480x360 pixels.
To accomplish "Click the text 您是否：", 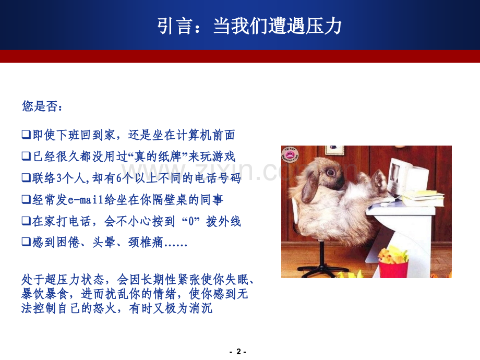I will pyautogui.click(x=43, y=107).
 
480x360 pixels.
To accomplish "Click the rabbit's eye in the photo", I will pyautogui.click(x=330, y=172).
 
